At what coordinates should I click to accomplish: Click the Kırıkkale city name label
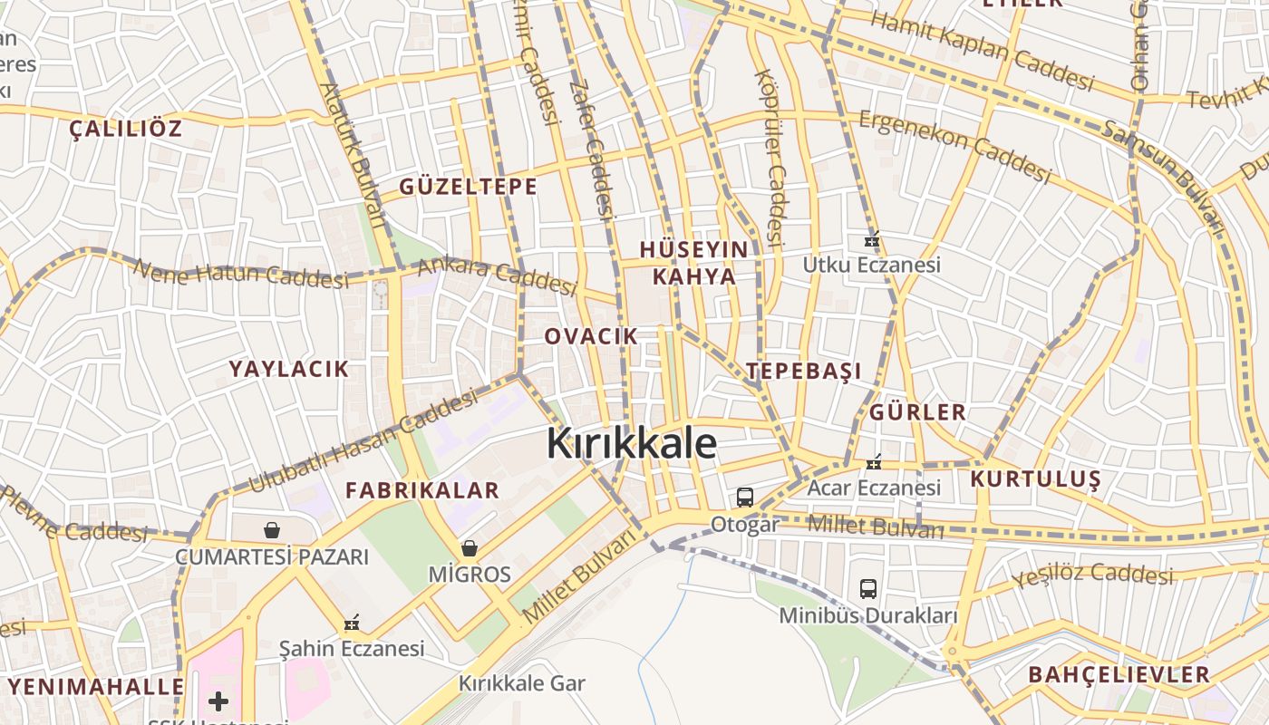[632, 443]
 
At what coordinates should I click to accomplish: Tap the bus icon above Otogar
[744, 497]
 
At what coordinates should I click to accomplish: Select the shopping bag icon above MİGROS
[470, 548]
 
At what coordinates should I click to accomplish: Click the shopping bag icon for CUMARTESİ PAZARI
[271, 530]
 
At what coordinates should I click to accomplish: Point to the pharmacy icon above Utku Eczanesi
[872, 241]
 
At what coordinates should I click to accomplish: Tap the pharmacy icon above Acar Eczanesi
[874, 463]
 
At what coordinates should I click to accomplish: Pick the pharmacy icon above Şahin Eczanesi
[352, 623]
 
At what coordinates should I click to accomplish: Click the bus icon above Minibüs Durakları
[868, 589]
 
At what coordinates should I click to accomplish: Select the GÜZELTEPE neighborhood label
[469, 187]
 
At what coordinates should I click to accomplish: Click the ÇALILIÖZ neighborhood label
[126, 128]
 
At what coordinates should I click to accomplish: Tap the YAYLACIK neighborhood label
[288, 369]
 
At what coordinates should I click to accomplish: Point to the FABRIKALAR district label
[422, 490]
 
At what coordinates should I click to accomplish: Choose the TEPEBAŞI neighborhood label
[804, 371]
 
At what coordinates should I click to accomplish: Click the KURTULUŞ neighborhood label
[1036, 478]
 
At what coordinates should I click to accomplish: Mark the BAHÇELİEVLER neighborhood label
[1119, 674]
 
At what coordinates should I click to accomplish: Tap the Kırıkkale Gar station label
[522, 683]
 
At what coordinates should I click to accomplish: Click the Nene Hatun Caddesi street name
[241, 275]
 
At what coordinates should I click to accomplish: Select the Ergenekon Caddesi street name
[954, 146]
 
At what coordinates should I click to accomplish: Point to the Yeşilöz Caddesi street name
[1093, 575]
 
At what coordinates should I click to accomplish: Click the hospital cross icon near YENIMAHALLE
[218, 701]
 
